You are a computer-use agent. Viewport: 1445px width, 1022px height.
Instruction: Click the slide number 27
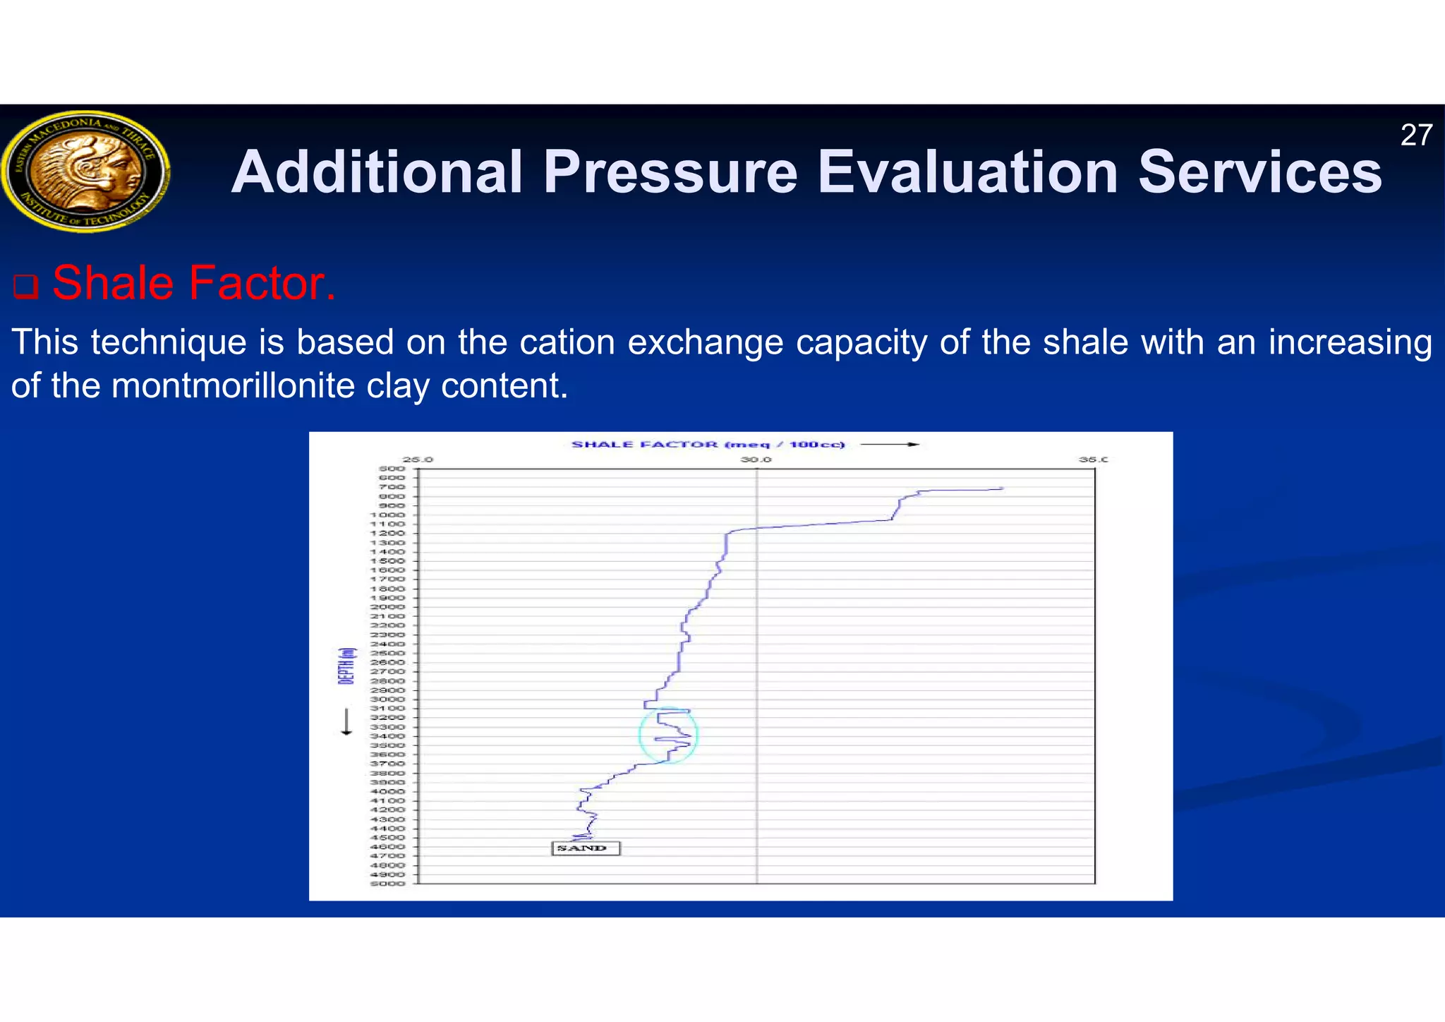click(x=1415, y=136)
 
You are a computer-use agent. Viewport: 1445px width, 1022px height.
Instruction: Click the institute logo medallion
click(x=85, y=172)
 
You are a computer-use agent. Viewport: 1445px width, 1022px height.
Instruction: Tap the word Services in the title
click(x=1259, y=172)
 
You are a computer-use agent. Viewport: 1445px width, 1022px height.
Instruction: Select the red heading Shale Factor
click(x=193, y=284)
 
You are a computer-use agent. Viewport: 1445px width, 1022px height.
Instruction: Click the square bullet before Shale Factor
click(x=25, y=287)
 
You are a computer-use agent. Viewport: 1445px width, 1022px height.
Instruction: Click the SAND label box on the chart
click(x=584, y=848)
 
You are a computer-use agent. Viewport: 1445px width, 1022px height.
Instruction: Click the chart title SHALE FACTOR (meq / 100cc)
click(x=707, y=445)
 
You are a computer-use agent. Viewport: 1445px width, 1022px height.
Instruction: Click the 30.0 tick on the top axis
click(x=756, y=459)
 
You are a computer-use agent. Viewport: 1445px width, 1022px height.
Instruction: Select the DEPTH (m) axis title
click(x=346, y=666)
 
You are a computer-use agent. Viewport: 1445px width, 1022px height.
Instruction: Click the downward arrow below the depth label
click(x=346, y=722)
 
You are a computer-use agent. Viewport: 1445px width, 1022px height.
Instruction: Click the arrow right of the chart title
click(x=890, y=445)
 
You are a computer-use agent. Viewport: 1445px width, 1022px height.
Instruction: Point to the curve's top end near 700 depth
click(x=1000, y=488)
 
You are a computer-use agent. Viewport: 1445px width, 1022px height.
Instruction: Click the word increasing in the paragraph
click(x=1350, y=342)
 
